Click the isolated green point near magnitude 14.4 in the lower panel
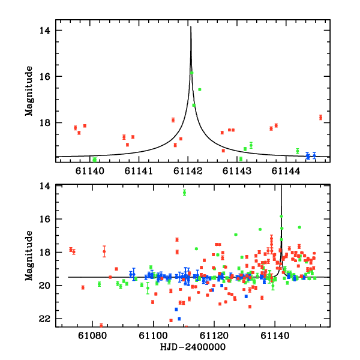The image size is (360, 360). coord(184,192)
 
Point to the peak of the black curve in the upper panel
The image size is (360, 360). coord(191,27)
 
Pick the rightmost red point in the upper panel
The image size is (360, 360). coord(320,117)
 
